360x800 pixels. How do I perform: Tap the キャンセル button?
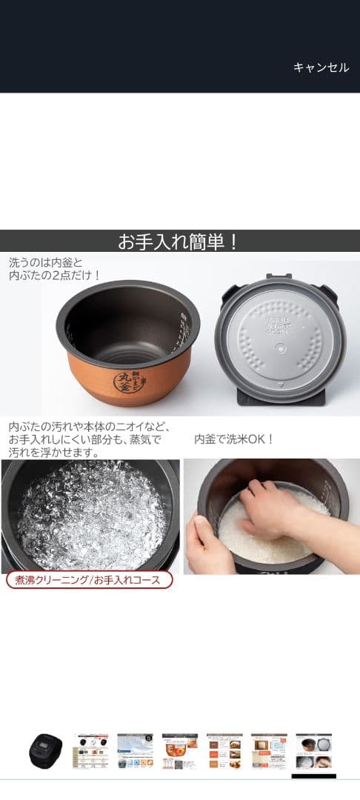321,67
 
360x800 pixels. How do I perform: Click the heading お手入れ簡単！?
179,242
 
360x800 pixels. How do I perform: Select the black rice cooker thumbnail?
46,752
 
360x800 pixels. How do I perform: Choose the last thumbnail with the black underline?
313,752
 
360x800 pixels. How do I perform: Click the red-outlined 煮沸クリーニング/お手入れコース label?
90,580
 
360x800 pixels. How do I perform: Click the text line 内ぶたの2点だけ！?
55,276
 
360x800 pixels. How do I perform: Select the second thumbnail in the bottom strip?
90,752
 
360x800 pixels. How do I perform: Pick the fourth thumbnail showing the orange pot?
180,752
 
